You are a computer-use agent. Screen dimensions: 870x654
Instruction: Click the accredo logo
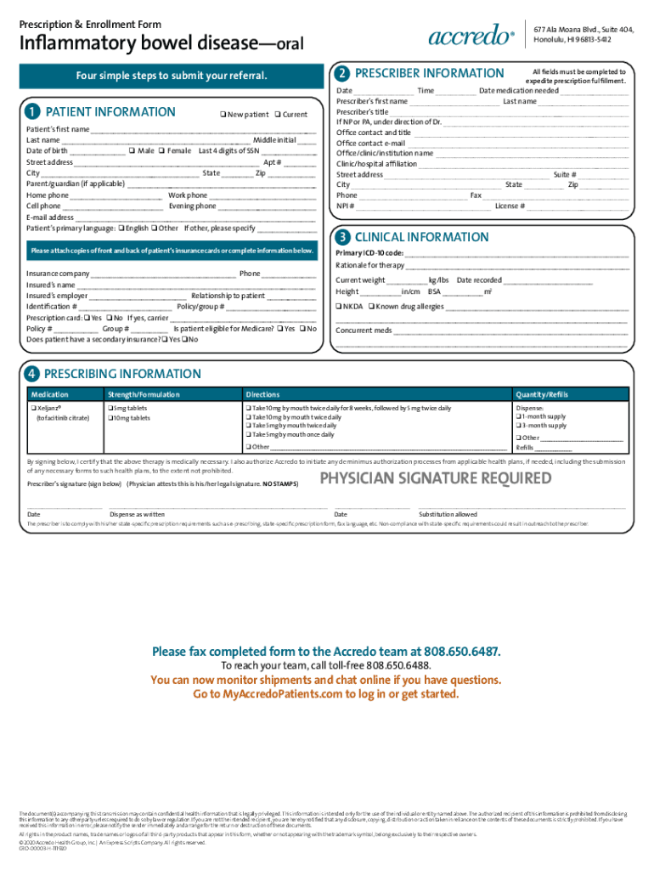pos(471,37)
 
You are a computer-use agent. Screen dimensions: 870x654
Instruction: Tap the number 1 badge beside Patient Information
pos(31,112)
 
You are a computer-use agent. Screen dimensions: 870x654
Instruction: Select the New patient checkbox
pos(223,114)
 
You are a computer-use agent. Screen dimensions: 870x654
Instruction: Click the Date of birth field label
pos(47,150)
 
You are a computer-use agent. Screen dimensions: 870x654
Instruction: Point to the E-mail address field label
pos(50,217)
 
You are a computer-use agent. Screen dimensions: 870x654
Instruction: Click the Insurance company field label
pos(58,274)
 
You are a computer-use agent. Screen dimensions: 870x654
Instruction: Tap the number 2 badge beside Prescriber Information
pos(342,74)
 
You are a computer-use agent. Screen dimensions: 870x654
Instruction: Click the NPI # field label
pos(346,206)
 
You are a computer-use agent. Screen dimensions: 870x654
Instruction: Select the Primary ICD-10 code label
pos(369,253)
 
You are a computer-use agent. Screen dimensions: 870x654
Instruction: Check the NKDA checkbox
pos(339,306)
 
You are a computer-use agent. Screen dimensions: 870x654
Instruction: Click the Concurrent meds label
pos(364,330)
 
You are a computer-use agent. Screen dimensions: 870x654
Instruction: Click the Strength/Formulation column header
pos(143,394)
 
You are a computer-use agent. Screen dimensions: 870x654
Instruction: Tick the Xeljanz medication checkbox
pos(33,409)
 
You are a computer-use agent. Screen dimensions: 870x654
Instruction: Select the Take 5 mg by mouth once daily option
pos(248,434)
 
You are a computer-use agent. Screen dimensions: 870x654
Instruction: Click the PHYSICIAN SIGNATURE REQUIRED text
pos(434,478)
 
